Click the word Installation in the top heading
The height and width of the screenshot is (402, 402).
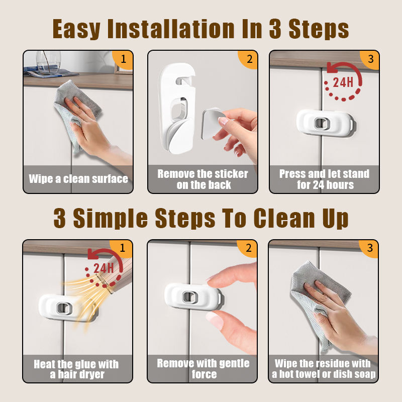click(171, 29)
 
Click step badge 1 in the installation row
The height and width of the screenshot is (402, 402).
click(123, 59)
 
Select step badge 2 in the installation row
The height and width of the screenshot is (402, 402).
click(249, 59)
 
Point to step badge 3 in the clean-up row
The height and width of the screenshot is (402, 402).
click(369, 248)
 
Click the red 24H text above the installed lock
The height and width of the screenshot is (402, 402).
click(343, 82)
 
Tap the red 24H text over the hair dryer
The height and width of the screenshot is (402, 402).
click(104, 268)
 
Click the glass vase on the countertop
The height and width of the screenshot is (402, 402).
click(48, 62)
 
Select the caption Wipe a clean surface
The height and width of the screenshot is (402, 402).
click(78, 179)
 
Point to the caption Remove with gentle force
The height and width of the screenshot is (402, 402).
click(204, 369)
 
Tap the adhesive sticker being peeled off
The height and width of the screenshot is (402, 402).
click(212, 124)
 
